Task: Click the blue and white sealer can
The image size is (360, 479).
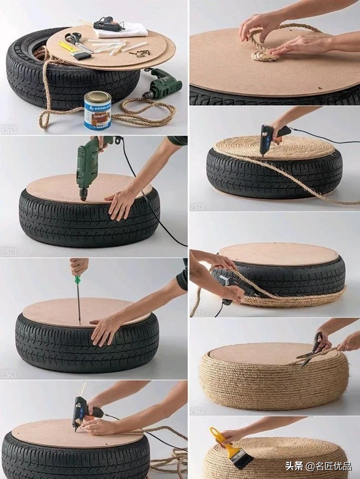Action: (x=97, y=111)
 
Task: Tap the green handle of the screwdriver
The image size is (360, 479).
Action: (x=77, y=280)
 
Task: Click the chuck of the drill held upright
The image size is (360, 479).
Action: (x=84, y=194)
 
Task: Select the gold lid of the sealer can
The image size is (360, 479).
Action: (x=98, y=96)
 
